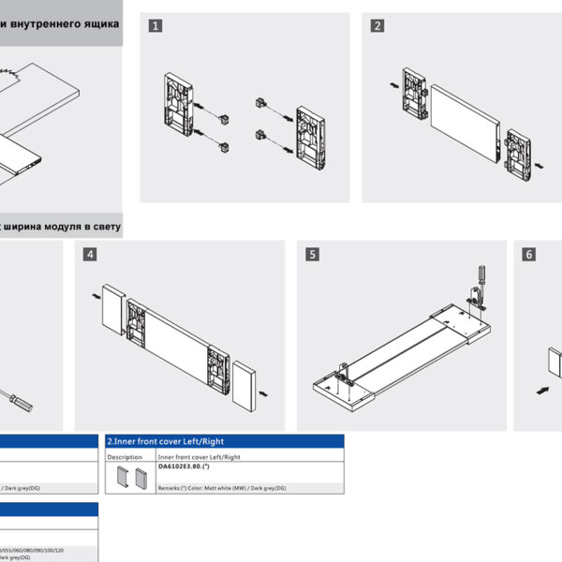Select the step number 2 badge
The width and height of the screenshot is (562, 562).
[377, 26]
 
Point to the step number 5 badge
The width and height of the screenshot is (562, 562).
[312, 254]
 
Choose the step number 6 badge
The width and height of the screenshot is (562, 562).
[529, 254]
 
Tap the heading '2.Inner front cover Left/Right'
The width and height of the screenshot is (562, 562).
[166, 441]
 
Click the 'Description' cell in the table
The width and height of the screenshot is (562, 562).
[125, 457]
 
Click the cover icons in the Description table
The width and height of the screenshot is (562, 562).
[128, 478]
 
